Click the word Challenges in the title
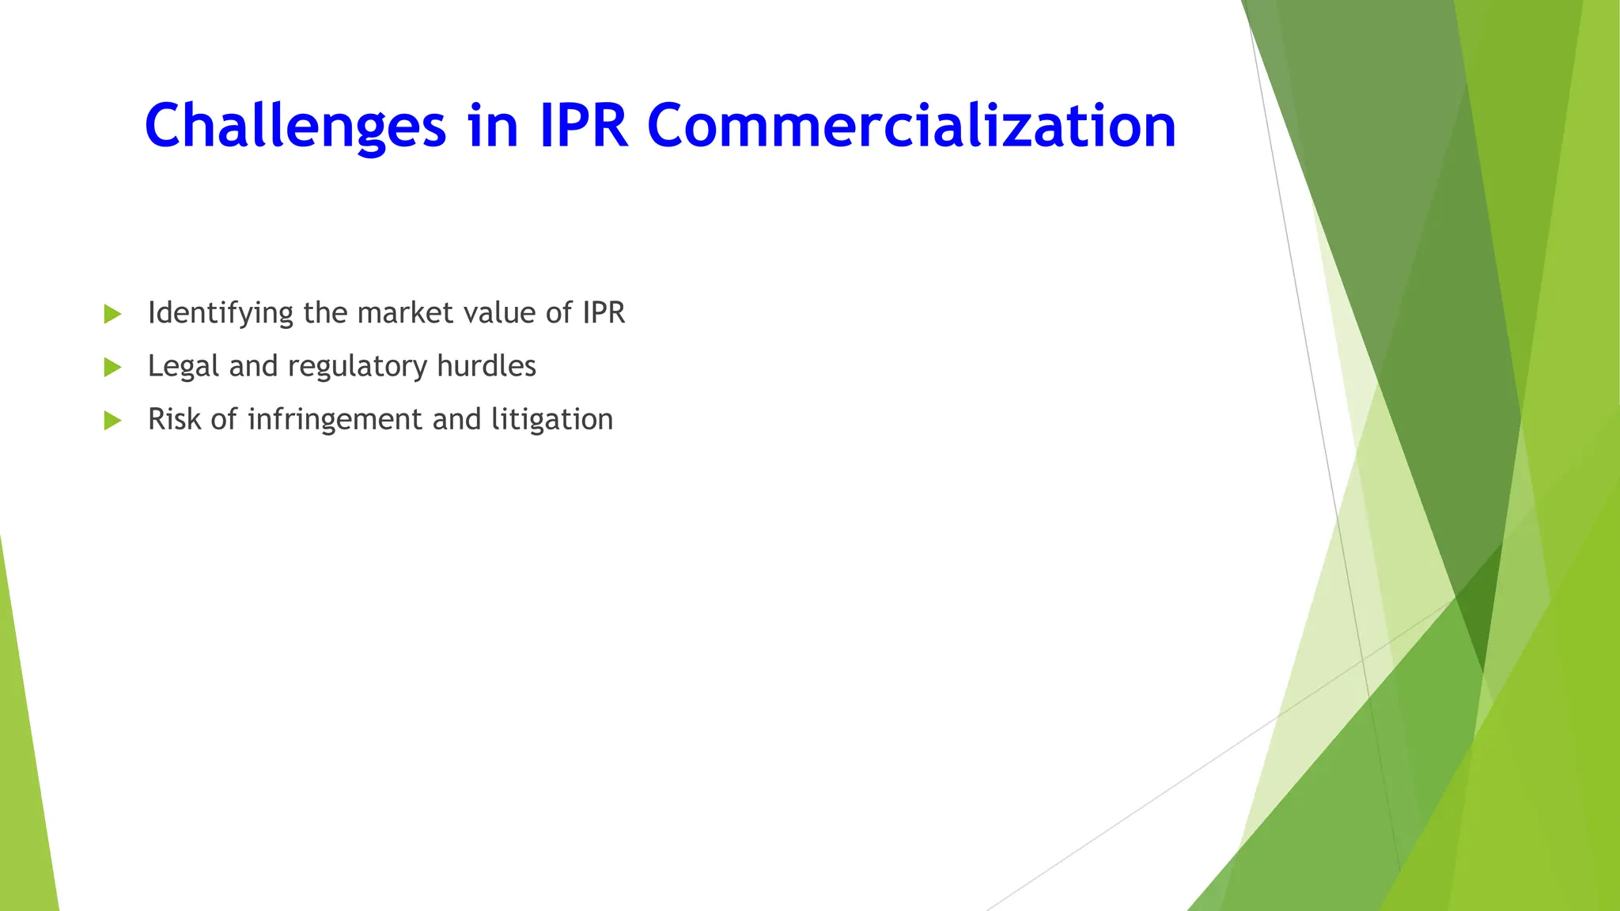[x=295, y=127]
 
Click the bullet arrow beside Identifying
[x=112, y=314]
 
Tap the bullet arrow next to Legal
[x=112, y=367]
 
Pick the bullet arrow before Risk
[x=112, y=420]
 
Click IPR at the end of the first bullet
[x=604, y=313]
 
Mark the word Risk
[x=175, y=419]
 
